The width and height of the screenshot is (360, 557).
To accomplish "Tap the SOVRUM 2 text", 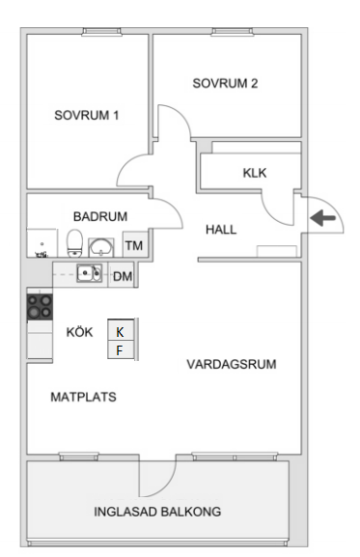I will click(225, 83).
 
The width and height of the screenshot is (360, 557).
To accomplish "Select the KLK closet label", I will click(254, 173).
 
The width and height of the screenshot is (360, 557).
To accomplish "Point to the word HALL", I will click(221, 230).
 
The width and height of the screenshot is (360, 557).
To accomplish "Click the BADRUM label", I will click(100, 216).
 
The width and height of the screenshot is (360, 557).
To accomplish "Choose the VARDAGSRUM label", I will click(232, 365).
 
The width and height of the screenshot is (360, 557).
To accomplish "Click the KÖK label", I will click(79, 332).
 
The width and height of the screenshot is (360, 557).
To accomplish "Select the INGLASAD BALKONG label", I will click(158, 511).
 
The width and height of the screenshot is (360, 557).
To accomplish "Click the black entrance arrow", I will click(323, 219).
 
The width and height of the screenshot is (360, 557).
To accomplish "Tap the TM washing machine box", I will click(133, 245).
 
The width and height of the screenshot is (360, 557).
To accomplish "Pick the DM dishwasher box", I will click(123, 276).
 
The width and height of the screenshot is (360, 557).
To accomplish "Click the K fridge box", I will click(120, 332).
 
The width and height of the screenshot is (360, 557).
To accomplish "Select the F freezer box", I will click(120, 350).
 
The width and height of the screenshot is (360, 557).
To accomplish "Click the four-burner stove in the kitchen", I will click(40, 307).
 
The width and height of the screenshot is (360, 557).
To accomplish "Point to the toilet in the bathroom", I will click(75, 242).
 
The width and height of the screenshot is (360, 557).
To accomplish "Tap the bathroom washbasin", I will click(101, 246).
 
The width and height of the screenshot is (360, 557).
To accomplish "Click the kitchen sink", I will click(90, 273).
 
